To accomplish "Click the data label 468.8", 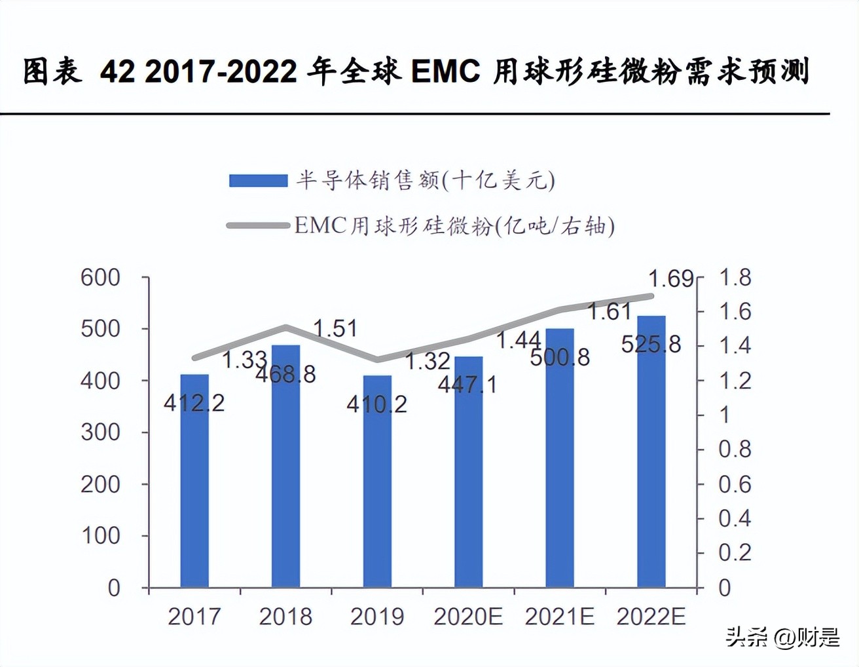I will tap(285, 374).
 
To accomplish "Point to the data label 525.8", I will tap(651, 344).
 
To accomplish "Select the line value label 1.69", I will tap(670, 279).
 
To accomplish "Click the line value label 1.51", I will tap(335, 328).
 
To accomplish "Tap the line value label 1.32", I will tap(427, 361).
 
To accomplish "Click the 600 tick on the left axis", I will tap(100, 278).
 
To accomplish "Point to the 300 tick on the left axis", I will tap(100, 432).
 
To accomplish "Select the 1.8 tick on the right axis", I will tap(735, 278).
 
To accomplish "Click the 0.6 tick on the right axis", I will tap(735, 484).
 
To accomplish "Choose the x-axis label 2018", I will tap(285, 617).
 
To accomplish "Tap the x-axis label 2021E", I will tap(559, 617).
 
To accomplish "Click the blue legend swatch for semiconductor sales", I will tap(258, 181).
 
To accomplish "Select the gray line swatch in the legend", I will tap(258, 226).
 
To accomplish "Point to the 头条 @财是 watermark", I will tap(782, 637).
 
